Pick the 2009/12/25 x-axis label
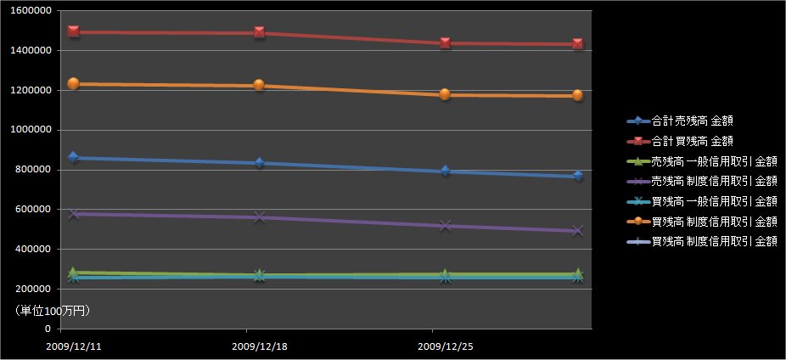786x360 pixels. [446, 346]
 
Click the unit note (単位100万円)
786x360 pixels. [53, 312]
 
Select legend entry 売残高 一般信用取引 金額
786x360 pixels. [714, 161]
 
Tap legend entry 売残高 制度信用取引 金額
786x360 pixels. [714, 181]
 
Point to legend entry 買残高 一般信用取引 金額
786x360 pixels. [714, 201]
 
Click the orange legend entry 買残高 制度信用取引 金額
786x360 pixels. [714, 221]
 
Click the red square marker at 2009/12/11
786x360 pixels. [73, 31]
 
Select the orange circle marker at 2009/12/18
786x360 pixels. [258, 85]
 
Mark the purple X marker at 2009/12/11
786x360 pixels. [73, 214]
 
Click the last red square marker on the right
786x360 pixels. [577, 44]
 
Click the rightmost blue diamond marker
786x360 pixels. [577, 176]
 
